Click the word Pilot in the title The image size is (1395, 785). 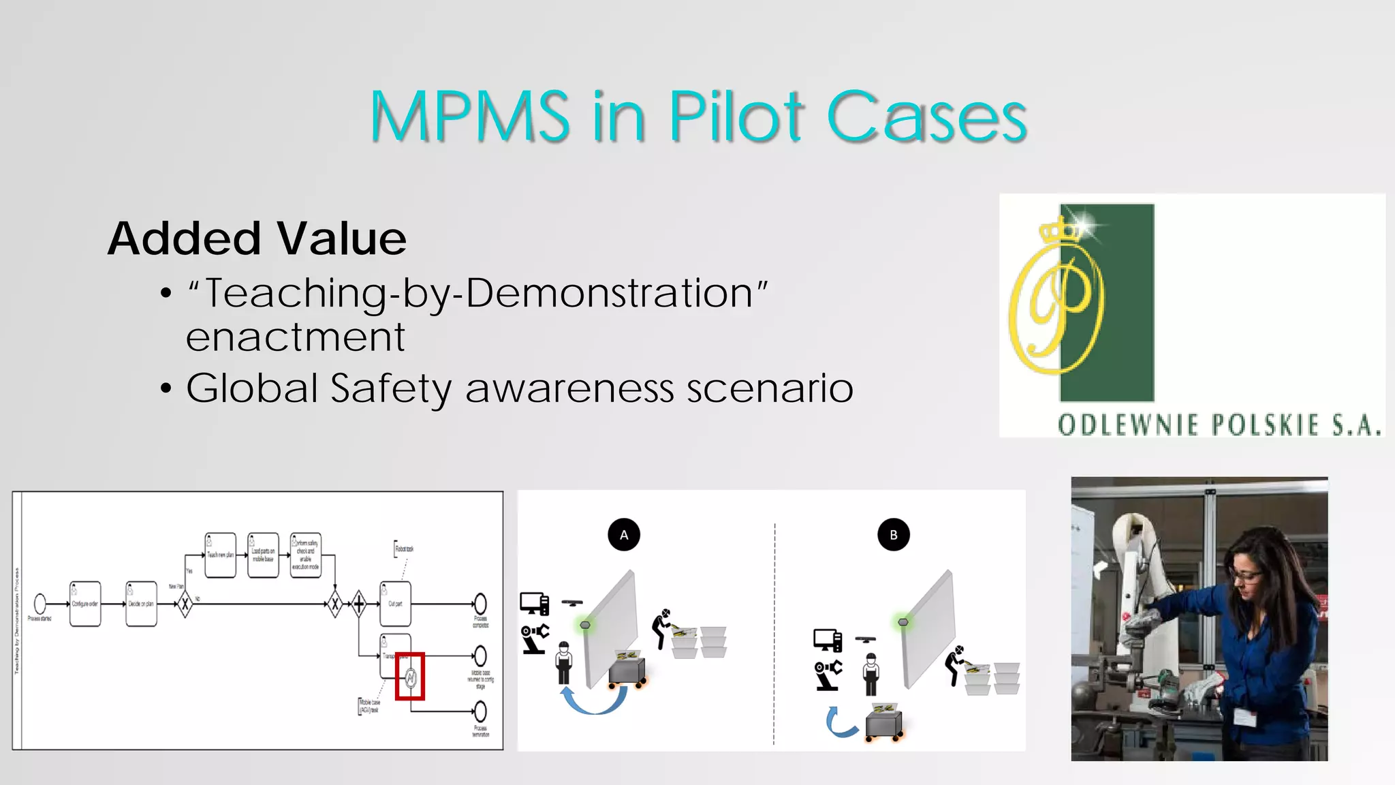736,117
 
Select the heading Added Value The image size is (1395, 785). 257,238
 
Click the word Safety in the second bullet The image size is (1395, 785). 390,388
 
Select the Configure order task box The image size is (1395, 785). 85,604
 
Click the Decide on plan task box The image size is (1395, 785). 141,604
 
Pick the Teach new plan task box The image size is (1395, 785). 220,555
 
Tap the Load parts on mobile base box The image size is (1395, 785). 263,555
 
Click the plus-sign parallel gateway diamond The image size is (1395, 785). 359,603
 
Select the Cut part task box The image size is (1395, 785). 395,604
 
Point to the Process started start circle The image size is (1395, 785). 40,603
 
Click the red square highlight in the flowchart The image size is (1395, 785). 410,676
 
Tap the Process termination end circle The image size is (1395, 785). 480,712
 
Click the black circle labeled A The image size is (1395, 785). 624,535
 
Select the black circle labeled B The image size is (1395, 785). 894,535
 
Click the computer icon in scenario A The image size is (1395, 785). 534,604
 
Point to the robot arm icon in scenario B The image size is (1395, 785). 828,675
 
